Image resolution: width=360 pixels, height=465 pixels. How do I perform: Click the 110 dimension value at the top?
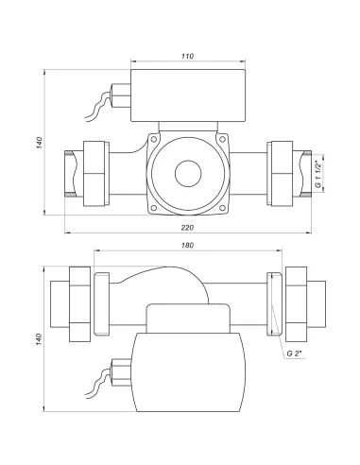pyautogui.click(x=187, y=56)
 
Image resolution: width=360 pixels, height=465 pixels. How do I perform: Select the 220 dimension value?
pyautogui.click(x=187, y=228)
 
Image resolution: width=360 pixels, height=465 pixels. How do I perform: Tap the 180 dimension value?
pyautogui.click(x=187, y=245)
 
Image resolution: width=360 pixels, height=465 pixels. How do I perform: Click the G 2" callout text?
pyautogui.click(x=294, y=353)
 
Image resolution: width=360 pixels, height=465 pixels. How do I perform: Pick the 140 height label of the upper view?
pyautogui.click(x=39, y=143)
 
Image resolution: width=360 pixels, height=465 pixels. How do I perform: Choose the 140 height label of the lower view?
pyautogui.click(x=39, y=339)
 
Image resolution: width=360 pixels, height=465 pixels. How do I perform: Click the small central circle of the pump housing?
pyautogui.click(x=188, y=174)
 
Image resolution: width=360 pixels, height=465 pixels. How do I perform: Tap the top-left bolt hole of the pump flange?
pyautogui.click(x=154, y=139)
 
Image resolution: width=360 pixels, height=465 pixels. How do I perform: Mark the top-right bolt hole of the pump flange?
pyautogui.click(x=222, y=139)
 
